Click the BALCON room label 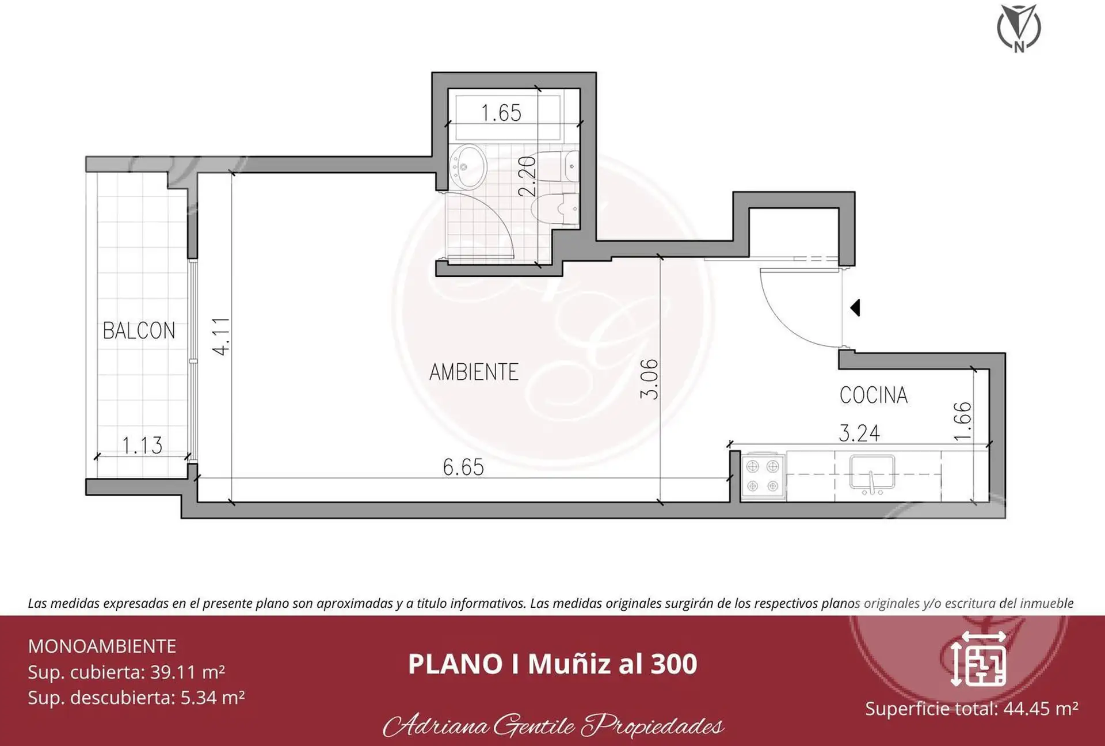click(139, 330)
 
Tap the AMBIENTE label click(474, 372)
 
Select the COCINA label click(873, 395)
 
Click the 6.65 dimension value click(463, 467)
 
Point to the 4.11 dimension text click(221, 336)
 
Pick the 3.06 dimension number click(649, 379)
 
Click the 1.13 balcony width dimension click(142, 445)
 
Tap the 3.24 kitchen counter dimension click(859, 433)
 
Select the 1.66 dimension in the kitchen click(962, 421)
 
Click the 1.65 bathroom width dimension click(501, 113)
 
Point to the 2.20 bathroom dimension click(527, 177)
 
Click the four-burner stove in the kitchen click(763, 476)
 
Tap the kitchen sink click(872, 473)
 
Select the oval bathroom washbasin click(468, 167)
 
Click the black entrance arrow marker click(855, 308)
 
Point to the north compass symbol click(1019, 28)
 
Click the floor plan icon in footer click(978, 659)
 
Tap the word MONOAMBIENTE click(102, 646)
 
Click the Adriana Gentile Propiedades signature click(554, 725)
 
